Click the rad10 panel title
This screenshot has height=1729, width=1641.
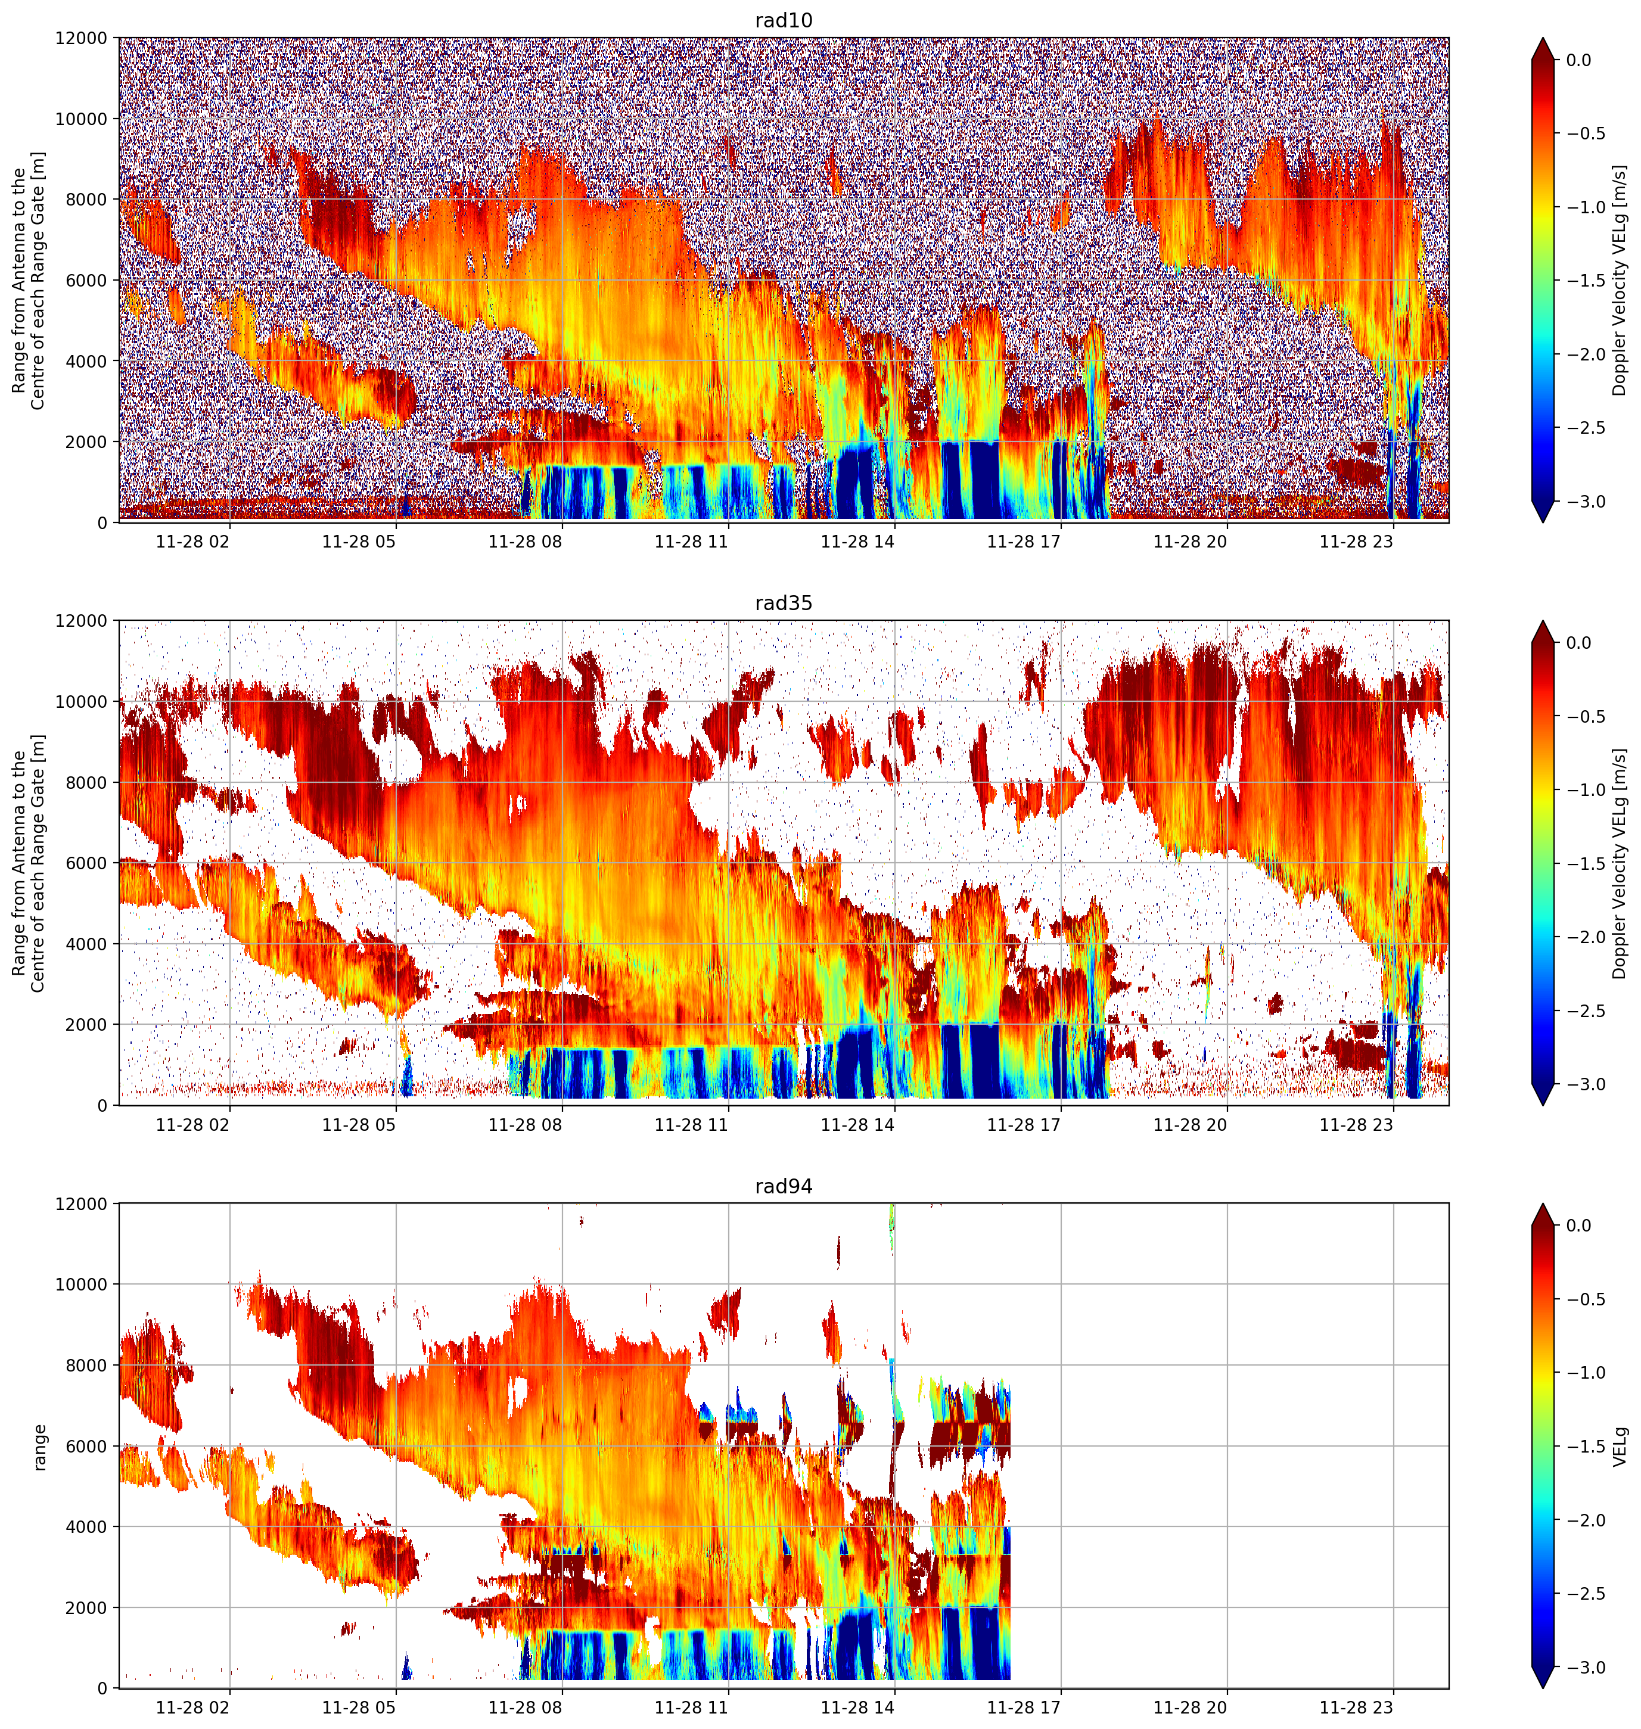[784, 21]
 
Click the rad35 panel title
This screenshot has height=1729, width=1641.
[784, 604]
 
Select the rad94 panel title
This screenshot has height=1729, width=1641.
[784, 1187]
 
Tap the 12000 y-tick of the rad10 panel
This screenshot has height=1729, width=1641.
[82, 39]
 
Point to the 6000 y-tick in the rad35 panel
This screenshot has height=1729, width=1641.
[86, 863]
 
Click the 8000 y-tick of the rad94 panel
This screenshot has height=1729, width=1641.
[86, 1365]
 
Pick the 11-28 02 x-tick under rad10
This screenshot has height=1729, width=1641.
[192, 542]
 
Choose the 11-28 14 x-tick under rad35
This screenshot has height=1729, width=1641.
[857, 1125]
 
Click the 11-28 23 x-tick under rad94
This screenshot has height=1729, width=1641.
[1356, 1707]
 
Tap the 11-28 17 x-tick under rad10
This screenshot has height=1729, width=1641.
[1024, 542]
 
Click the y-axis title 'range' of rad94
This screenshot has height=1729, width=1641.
[39, 1447]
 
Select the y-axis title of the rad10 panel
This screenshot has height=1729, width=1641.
[29, 280]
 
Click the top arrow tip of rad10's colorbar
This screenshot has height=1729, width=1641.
[1544, 38]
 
